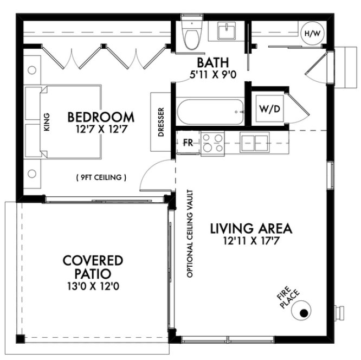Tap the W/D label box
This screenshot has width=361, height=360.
click(269, 108)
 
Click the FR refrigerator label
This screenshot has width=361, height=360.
click(187, 144)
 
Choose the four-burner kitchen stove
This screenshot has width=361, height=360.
click(211, 143)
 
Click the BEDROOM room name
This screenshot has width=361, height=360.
click(101, 117)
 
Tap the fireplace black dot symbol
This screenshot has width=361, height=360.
click(304, 312)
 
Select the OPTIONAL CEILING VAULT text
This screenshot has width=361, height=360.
click(190, 234)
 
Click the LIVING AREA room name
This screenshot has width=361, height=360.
click(252, 228)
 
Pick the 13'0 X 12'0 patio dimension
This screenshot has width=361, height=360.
click(92, 286)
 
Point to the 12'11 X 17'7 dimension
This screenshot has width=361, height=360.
click(252, 240)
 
